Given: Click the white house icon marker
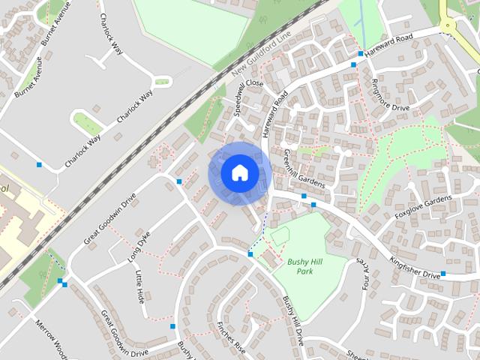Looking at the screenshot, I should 239,172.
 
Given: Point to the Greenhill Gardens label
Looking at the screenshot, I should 302,166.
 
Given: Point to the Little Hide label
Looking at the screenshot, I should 139,287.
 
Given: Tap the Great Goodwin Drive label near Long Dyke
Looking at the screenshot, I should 110,220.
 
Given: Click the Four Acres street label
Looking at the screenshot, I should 367,276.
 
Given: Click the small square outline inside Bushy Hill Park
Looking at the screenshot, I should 280,236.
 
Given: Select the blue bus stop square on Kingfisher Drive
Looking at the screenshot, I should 442,274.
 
